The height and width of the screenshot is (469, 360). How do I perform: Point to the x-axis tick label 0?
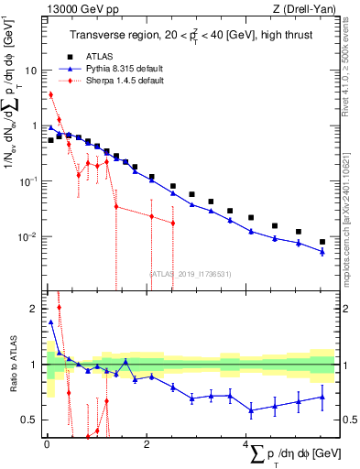pyautogui.click(x=46, y=444)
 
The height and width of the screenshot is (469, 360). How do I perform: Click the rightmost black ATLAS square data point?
pyautogui.click(x=322, y=242)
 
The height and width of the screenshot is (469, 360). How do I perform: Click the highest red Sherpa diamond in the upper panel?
pyautogui.click(x=51, y=94)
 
